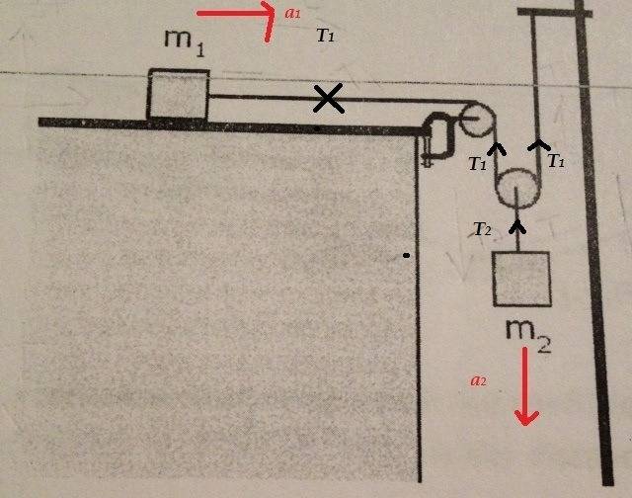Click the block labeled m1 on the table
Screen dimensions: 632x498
(179, 95)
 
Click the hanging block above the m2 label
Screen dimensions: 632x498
(522, 279)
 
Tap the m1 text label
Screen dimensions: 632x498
(185, 43)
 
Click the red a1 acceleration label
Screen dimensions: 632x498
(292, 13)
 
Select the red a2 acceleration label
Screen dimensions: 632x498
(478, 380)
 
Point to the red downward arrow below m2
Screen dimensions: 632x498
(526, 386)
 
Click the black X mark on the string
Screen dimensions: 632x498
(329, 98)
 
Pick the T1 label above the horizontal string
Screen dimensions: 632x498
(325, 36)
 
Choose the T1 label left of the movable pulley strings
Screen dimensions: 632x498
(477, 163)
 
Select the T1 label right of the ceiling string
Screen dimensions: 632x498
(556, 161)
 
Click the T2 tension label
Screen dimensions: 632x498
(482, 229)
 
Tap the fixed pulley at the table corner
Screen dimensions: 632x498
(477, 120)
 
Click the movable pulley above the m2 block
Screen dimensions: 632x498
(517, 189)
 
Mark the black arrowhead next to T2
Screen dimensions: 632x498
(517, 227)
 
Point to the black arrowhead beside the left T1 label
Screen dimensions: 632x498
(497, 149)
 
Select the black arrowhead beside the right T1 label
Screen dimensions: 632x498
(539, 145)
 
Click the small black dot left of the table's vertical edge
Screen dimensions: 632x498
(406, 255)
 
